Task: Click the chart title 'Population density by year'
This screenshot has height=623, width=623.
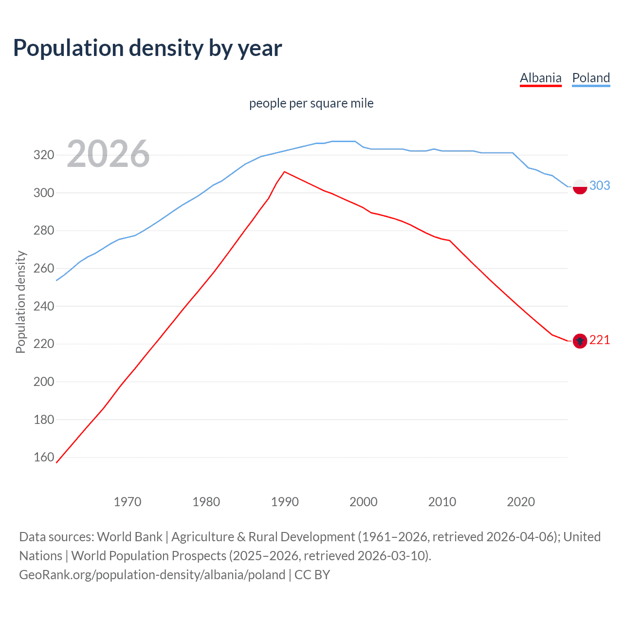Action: (x=147, y=48)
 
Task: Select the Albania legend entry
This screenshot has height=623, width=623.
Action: (x=540, y=78)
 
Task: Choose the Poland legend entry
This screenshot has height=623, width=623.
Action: (x=591, y=78)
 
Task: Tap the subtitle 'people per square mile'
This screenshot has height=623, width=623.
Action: (x=311, y=103)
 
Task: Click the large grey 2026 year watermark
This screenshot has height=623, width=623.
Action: (x=108, y=154)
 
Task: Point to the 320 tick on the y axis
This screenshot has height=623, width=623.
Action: (x=43, y=155)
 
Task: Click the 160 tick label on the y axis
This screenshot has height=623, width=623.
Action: (x=43, y=457)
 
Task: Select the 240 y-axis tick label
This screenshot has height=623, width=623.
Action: (x=43, y=306)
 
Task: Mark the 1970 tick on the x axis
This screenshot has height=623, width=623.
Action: (x=128, y=502)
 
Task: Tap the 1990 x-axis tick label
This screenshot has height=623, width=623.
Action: (x=285, y=502)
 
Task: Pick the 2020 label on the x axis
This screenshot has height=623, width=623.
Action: (x=521, y=502)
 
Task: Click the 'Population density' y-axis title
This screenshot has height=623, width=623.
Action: (x=20, y=302)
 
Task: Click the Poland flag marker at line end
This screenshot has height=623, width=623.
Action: (x=580, y=186)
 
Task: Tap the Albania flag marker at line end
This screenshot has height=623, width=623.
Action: (x=580, y=341)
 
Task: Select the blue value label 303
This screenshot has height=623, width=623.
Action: (x=600, y=185)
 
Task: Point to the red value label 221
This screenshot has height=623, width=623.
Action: (x=600, y=340)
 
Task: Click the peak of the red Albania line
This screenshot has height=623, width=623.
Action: (x=284, y=172)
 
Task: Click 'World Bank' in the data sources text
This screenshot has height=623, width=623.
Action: (x=129, y=537)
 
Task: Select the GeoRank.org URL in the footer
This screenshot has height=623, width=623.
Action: (x=152, y=575)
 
